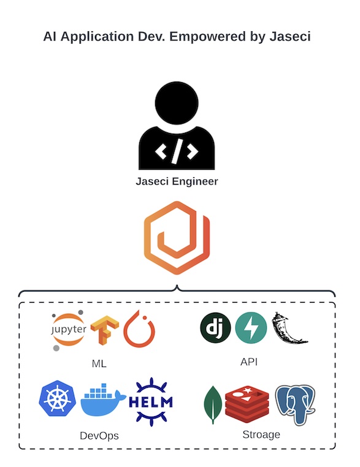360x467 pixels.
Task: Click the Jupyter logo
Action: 69,330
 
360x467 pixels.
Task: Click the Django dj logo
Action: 215,327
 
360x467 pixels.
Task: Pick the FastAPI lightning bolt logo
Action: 251,328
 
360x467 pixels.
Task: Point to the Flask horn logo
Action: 289,328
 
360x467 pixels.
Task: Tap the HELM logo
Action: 151,402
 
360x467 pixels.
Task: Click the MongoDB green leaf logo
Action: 213,405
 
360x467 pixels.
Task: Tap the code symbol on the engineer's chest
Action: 177,151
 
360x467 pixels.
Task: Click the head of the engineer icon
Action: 177,103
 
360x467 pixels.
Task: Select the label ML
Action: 99,363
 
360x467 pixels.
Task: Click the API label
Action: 249,362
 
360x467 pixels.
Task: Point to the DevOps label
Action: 99,436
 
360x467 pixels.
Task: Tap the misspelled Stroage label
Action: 261,435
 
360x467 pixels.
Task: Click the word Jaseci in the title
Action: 290,36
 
